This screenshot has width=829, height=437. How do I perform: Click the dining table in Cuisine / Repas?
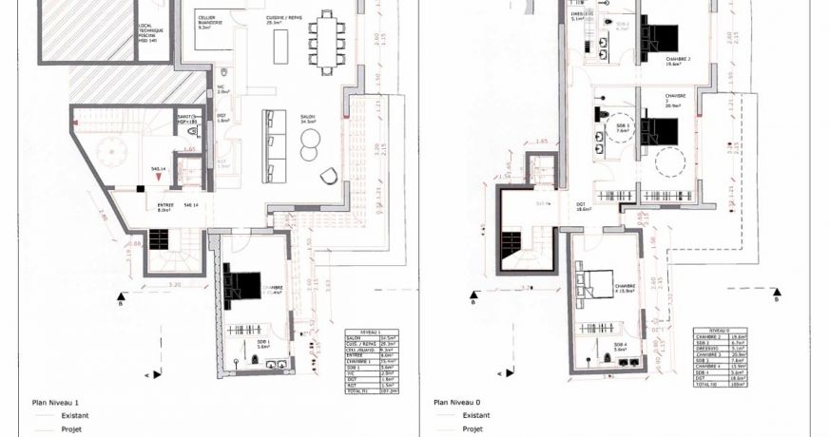[x=328, y=42]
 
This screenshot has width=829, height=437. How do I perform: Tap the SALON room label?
[x=307, y=118]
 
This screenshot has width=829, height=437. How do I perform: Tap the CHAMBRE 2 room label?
[x=677, y=59]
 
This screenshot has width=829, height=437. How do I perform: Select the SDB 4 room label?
[x=619, y=346]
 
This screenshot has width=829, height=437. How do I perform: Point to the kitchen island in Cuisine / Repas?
[x=280, y=46]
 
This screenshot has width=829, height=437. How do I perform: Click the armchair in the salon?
[x=329, y=176]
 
